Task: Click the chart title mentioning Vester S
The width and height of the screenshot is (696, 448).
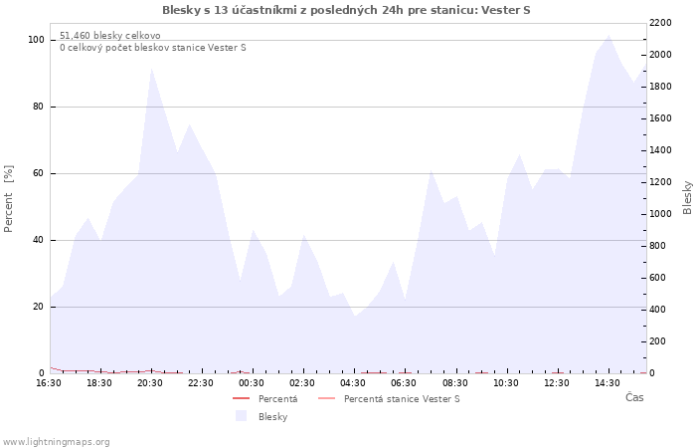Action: tap(346, 10)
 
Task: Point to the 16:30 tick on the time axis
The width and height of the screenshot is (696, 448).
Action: tap(49, 383)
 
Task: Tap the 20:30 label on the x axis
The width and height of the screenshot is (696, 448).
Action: tap(150, 383)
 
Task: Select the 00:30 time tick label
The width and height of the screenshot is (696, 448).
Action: tap(252, 383)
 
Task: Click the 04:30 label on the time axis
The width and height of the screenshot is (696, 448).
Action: tap(353, 383)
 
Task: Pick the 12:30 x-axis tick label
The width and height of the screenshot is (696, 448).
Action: tap(557, 383)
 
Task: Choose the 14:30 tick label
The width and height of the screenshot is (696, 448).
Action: tap(608, 383)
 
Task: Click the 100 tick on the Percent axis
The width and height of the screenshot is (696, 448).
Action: tap(37, 40)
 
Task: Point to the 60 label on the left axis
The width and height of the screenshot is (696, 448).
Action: tap(38, 173)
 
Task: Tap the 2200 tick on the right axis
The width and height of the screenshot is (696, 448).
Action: tap(660, 23)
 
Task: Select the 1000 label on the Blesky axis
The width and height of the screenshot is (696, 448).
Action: tap(660, 214)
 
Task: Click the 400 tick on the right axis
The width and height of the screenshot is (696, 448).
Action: tap(658, 310)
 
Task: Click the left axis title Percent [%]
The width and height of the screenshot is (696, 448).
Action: tap(8, 199)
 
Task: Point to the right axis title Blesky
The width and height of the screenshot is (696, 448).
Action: tap(687, 197)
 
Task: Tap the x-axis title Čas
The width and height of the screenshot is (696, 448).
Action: tap(634, 397)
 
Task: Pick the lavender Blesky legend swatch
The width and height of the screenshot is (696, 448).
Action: tap(241, 416)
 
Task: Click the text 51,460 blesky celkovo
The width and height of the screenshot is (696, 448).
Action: tap(110, 36)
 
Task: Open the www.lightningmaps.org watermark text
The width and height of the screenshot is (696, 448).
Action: tap(55, 442)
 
